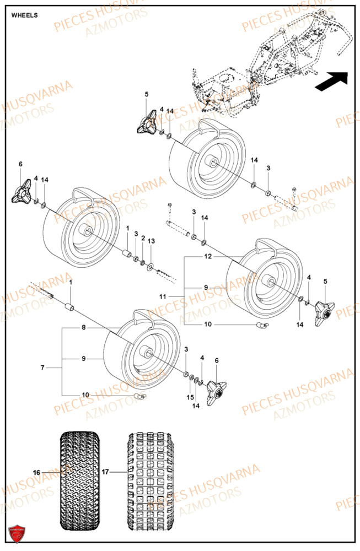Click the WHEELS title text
pos(25,15)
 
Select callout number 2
pos(143,239)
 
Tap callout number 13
pos(152,241)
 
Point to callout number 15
pos(191,398)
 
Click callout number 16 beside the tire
pos(36,473)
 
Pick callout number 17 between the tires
pos(106,472)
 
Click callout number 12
pos(208,256)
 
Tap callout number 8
pos(84,327)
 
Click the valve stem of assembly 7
pos(140,396)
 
